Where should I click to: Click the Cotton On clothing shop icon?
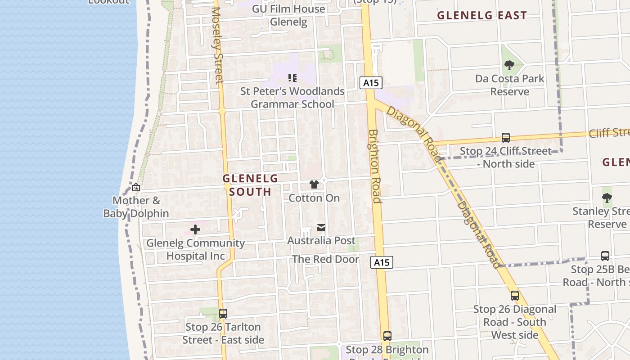pos(314,184)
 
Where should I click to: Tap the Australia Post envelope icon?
pos(321,228)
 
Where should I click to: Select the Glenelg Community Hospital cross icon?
pos(195,229)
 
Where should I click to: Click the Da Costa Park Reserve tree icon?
pos(509,66)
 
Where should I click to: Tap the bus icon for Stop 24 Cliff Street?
pos(506,138)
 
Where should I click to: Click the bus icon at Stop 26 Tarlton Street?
pos(223,314)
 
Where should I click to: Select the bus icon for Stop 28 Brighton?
pos(387,336)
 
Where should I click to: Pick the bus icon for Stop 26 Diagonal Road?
pos(515,296)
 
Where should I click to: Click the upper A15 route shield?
pos(371,83)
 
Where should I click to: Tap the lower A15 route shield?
pos(382,262)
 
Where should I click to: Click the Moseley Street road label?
pos(218,45)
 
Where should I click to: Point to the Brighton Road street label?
pos(374,166)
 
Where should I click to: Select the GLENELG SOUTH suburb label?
pos(250,185)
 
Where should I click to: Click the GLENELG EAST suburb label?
pos(482,15)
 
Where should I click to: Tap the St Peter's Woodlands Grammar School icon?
pos(292,78)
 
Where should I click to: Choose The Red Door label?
pos(326,259)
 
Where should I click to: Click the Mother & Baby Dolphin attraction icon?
pos(135,188)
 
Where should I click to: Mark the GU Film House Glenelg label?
pos(288,15)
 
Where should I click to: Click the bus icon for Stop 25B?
pos(605,256)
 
